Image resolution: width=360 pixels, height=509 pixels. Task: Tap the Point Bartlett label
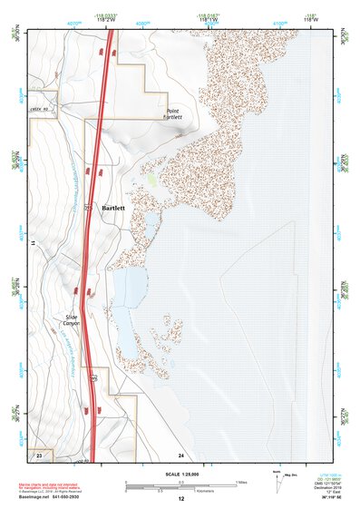click(x=172, y=113)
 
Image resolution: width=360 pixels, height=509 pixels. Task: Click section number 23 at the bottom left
click(x=39, y=454)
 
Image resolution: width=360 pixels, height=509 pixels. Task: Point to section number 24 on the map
click(x=181, y=454)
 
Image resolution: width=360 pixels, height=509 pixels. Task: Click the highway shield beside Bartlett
click(x=88, y=209)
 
